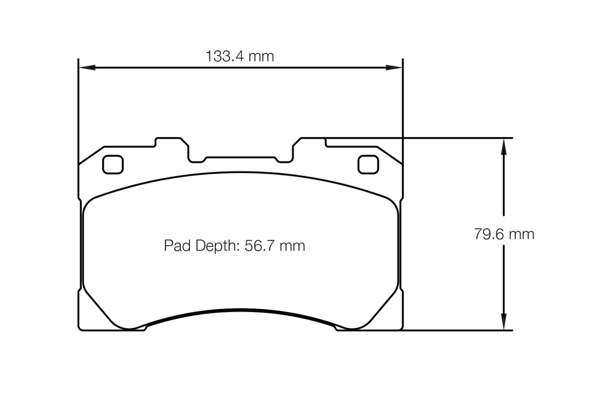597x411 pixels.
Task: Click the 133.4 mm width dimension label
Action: (239, 57)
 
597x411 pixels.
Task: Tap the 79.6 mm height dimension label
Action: (504, 234)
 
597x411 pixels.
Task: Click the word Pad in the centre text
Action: (178, 246)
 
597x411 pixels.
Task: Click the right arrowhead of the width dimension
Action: (394, 68)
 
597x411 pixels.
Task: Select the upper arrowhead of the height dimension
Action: (503, 146)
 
